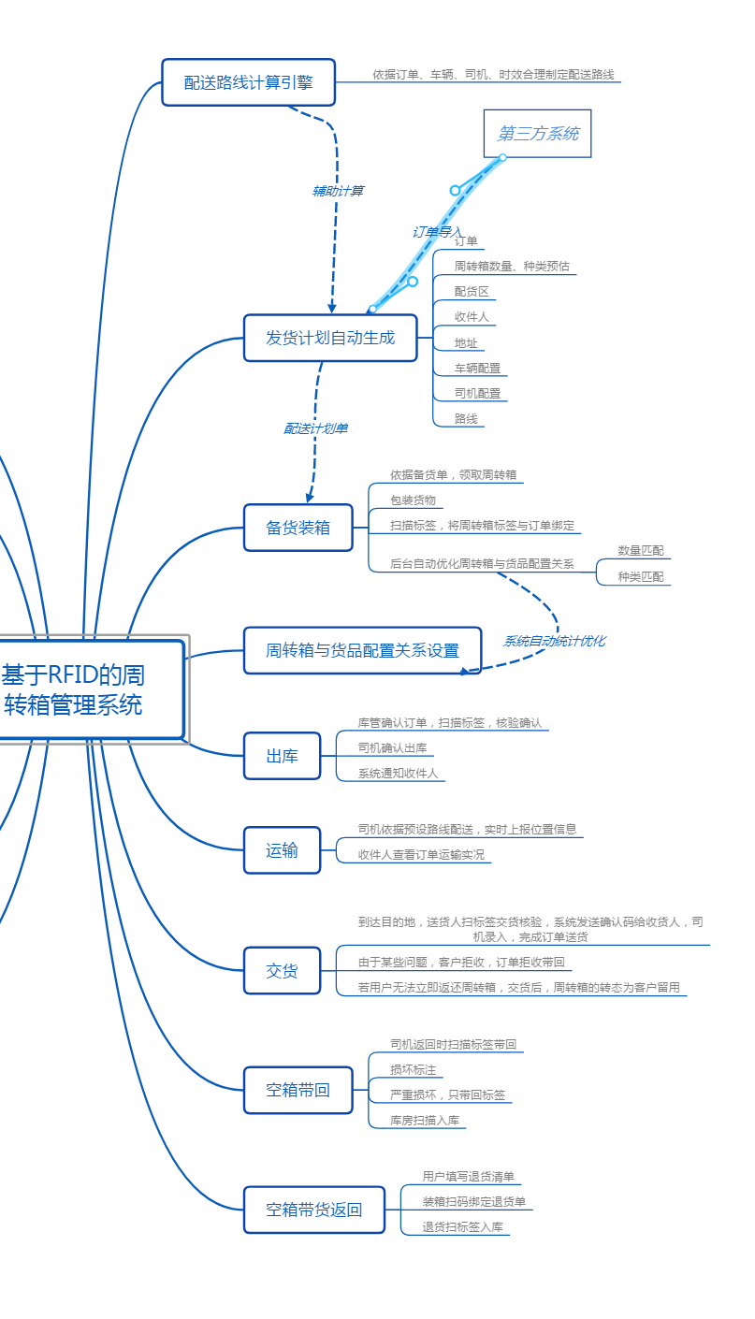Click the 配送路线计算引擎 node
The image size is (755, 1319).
coord(248,82)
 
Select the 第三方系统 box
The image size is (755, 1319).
coord(537,134)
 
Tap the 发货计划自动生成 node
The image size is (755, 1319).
coord(330,338)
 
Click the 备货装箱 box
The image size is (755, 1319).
coord(298,528)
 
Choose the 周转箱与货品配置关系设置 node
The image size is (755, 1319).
coord(362,650)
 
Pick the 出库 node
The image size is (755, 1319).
coord(282,756)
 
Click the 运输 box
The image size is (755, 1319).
coord(282,850)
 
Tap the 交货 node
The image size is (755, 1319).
coord(282,971)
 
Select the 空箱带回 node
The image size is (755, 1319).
coord(298,1090)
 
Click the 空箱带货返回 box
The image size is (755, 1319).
coord(313,1210)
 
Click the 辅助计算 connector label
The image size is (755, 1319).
coord(338,191)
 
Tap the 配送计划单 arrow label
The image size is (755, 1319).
coord(316,428)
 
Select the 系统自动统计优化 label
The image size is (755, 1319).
coord(554,641)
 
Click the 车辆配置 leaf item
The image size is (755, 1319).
coord(477,369)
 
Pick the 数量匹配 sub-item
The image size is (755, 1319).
coord(640,551)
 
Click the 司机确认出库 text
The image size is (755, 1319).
coord(392,748)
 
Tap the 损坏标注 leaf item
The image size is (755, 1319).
coord(413,1070)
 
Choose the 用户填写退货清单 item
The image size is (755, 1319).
coord(468,1177)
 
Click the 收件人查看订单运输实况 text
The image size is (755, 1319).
coord(421,854)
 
